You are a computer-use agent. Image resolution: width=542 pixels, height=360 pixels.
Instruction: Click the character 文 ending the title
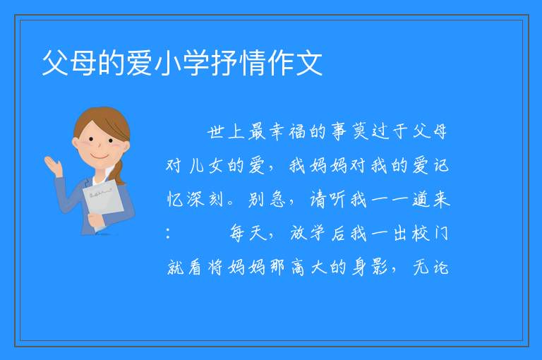pos(309,63)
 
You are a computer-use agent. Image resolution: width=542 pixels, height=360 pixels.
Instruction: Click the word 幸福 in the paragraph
pos(287,132)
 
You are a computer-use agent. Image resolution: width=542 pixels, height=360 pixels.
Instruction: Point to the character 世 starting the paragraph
pos(216,132)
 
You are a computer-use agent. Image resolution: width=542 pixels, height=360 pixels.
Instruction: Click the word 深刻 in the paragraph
pos(205,199)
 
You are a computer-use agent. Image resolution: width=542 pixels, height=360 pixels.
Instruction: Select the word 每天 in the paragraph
pos(248,233)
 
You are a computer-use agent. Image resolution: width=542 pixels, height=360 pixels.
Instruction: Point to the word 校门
pos(430,233)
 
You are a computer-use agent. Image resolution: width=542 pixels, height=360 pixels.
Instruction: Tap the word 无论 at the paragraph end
pos(431,268)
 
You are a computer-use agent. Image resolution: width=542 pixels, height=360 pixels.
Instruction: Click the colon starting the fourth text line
pos(169,234)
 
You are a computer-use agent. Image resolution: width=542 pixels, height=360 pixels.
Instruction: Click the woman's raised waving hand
pos(54,166)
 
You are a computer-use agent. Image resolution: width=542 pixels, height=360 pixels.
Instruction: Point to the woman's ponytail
pos(119,172)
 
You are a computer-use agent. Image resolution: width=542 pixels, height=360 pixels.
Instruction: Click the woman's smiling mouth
pos(100,156)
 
